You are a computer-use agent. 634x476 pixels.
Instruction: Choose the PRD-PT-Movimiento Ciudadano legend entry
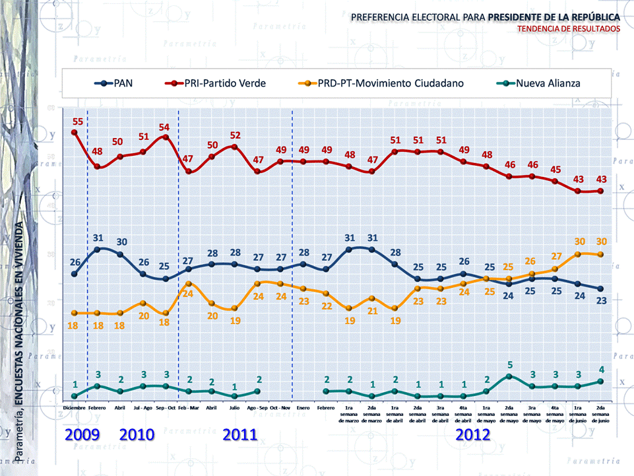(383, 83)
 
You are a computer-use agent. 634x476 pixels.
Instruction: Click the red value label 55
(78, 121)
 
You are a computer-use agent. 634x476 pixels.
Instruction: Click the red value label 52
(236, 135)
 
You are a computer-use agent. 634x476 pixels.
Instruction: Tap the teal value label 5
(509, 364)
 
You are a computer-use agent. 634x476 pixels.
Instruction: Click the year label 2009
(82, 434)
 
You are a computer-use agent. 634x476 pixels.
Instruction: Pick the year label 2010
(137, 434)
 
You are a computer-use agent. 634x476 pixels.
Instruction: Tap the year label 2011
(240, 434)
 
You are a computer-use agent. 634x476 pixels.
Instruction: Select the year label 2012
(473, 434)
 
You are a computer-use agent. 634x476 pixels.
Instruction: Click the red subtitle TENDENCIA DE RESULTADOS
(569, 29)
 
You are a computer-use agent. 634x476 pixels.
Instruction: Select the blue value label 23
(602, 300)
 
